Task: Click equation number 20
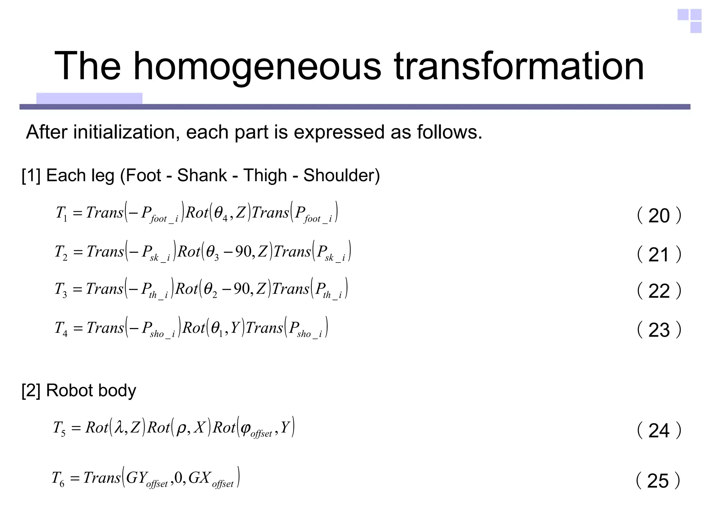pyautogui.click(x=659, y=216)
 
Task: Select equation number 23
pyautogui.click(x=659, y=330)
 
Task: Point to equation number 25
pyautogui.click(x=658, y=481)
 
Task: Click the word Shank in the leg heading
pyautogui.click(x=202, y=175)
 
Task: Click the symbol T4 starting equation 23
pyautogui.click(x=61, y=328)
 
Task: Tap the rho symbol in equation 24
pyautogui.click(x=181, y=429)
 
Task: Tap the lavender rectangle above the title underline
pyautogui.click(x=89, y=98)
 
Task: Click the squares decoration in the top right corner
pyautogui.click(x=690, y=21)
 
